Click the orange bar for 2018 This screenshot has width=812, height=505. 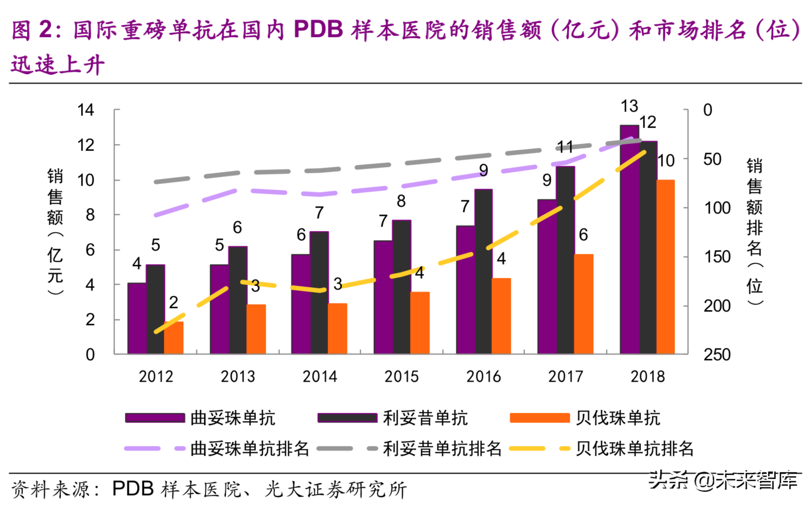point(666,267)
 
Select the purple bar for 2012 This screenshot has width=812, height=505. point(136,318)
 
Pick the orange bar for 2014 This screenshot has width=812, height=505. point(337,329)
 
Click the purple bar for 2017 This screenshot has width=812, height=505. point(546,276)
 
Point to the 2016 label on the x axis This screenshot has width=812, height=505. point(483,376)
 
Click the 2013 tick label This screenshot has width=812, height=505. point(238,376)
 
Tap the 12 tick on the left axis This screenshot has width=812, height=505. point(86,145)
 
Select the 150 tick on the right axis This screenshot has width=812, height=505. point(717,257)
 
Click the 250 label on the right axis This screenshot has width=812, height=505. point(717,354)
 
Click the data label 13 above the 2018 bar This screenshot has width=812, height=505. point(629,106)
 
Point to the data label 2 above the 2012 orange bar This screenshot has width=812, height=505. point(174,302)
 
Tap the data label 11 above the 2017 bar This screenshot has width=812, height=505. point(565,146)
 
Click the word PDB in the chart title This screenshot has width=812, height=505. point(318,30)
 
